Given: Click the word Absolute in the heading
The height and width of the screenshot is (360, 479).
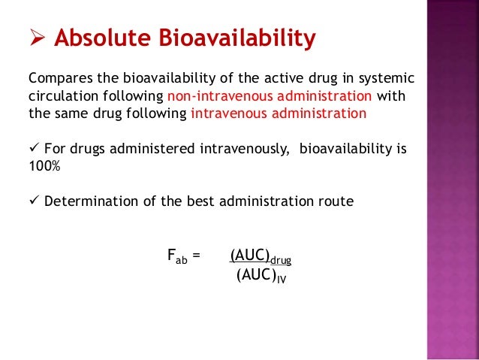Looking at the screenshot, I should pyautogui.click(x=104, y=38).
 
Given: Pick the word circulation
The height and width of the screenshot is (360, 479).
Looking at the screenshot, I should pyautogui.click(x=61, y=97).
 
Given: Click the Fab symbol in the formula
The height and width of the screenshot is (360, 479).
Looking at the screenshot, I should pyautogui.click(x=176, y=256).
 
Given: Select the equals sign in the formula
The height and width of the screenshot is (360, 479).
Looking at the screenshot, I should pyautogui.click(x=197, y=256).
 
